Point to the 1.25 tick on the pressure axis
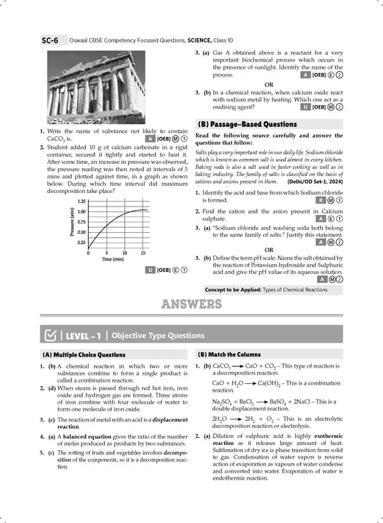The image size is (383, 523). (82, 202)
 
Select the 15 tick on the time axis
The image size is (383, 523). (143, 253)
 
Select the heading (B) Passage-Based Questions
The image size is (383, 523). (247, 124)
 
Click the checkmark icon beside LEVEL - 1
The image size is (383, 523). (51, 335)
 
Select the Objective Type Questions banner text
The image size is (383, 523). (157, 335)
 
